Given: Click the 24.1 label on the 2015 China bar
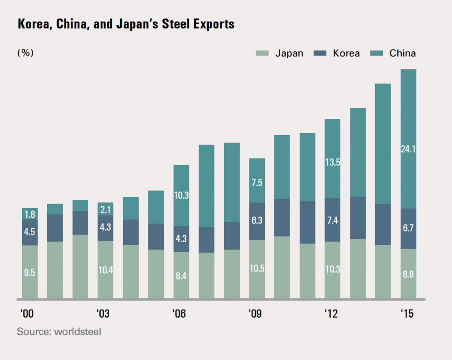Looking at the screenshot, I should click(x=408, y=149).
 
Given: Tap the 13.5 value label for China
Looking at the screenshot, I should click(x=332, y=162).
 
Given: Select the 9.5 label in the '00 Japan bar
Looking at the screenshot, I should click(x=30, y=273).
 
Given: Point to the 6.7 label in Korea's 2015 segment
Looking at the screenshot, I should click(x=408, y=228).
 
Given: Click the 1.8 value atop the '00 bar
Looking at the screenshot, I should click(x=30, y=215).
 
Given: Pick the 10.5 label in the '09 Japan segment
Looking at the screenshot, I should click(x=257, y=269).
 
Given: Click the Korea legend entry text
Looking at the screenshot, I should click(x=346, y=53).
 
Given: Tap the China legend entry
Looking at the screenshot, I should click(x=402, y=53).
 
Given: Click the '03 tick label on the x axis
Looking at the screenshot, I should click(x=103, y=314).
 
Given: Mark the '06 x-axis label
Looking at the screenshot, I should click(x=179, y=314).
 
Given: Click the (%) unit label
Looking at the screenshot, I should click(x=26, y=53).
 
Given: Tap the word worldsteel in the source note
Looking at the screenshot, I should click(x=77, y=331).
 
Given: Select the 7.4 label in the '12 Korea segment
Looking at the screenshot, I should click(x=332, y=220).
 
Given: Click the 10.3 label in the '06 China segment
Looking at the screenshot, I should click(x=181, y=195).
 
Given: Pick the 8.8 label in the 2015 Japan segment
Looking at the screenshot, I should click(x=408, y=274).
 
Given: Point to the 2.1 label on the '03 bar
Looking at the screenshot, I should click(x=105, y=209).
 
